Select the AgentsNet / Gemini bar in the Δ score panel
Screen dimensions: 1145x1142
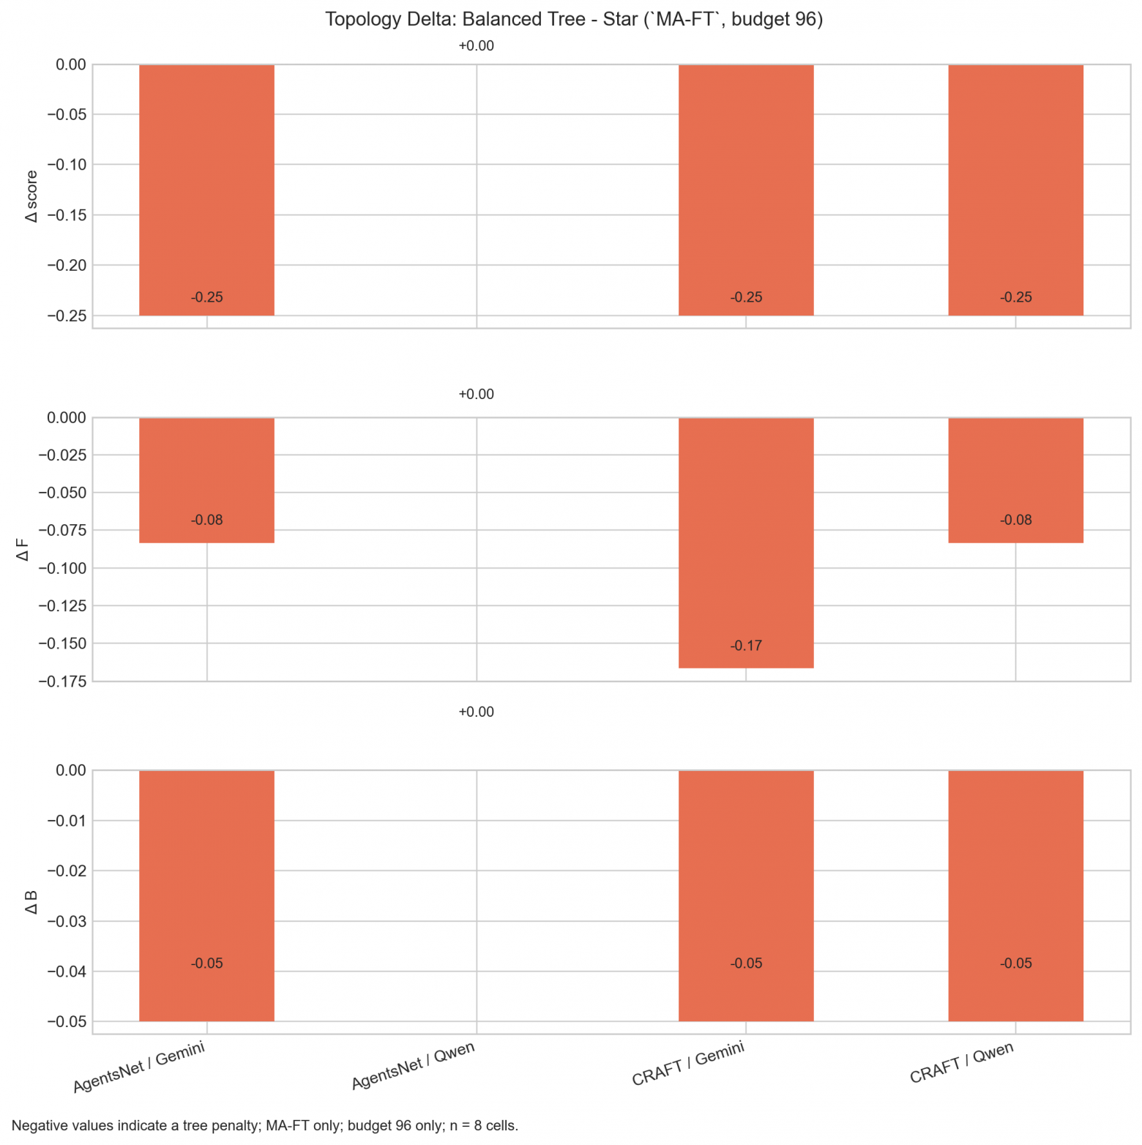coord(206,190)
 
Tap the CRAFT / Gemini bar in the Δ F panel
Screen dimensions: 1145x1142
coord(746,542)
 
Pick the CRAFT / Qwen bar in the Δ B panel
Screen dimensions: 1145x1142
coord(1015,895)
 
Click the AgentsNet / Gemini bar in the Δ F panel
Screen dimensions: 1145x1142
coord(206,480)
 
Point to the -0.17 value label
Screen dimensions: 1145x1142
coord(746,646)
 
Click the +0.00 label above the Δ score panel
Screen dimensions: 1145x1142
coord(476,46)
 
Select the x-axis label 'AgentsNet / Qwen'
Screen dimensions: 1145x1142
coord(414,1066)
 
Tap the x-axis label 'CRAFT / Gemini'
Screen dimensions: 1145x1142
coord(689,1064)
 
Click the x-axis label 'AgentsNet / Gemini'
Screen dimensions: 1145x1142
coord(139,1067)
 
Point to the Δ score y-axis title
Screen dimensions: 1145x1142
coord(31,196)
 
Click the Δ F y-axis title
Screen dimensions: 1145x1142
coord(23,550)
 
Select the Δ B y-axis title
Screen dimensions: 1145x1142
coord(31,902)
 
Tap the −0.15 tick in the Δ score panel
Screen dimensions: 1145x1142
coord(67,215)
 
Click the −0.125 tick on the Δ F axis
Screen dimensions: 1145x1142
coord(61,606)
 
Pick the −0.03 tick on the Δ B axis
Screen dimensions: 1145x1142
coord(67,922)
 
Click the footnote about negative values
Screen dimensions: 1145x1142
coord(265,1126)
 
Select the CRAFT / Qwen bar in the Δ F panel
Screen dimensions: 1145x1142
coord(1015,480)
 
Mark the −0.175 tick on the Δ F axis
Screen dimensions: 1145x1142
coord(61,682)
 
